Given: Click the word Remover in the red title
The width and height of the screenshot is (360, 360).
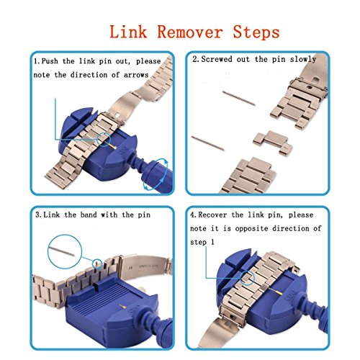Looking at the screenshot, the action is [x=190, y=32].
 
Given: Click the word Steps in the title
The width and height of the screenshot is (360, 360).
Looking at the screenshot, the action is [x=256, y=32].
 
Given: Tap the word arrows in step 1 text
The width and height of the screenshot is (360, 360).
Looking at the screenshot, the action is [x=136, y=75].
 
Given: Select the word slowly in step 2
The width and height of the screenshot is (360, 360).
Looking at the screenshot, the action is [x=303, y=59].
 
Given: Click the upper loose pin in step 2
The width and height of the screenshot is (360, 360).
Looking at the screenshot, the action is [x=239, y=98].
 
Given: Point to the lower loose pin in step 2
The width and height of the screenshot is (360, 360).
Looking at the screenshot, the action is [x=208, y=143].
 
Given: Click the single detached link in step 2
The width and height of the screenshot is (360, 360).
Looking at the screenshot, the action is [x=273, y=142].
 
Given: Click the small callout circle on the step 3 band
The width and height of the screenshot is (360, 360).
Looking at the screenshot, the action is [x=97, y=263].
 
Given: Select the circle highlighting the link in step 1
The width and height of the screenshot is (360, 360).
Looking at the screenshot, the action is [x=104, y=139].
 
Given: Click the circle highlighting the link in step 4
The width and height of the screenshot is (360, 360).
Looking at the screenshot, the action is [x=247, y=278].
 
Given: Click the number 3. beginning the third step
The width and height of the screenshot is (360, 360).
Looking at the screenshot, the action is [x=38, y=215].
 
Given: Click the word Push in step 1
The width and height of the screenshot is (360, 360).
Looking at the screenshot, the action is [x=50, y=61].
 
